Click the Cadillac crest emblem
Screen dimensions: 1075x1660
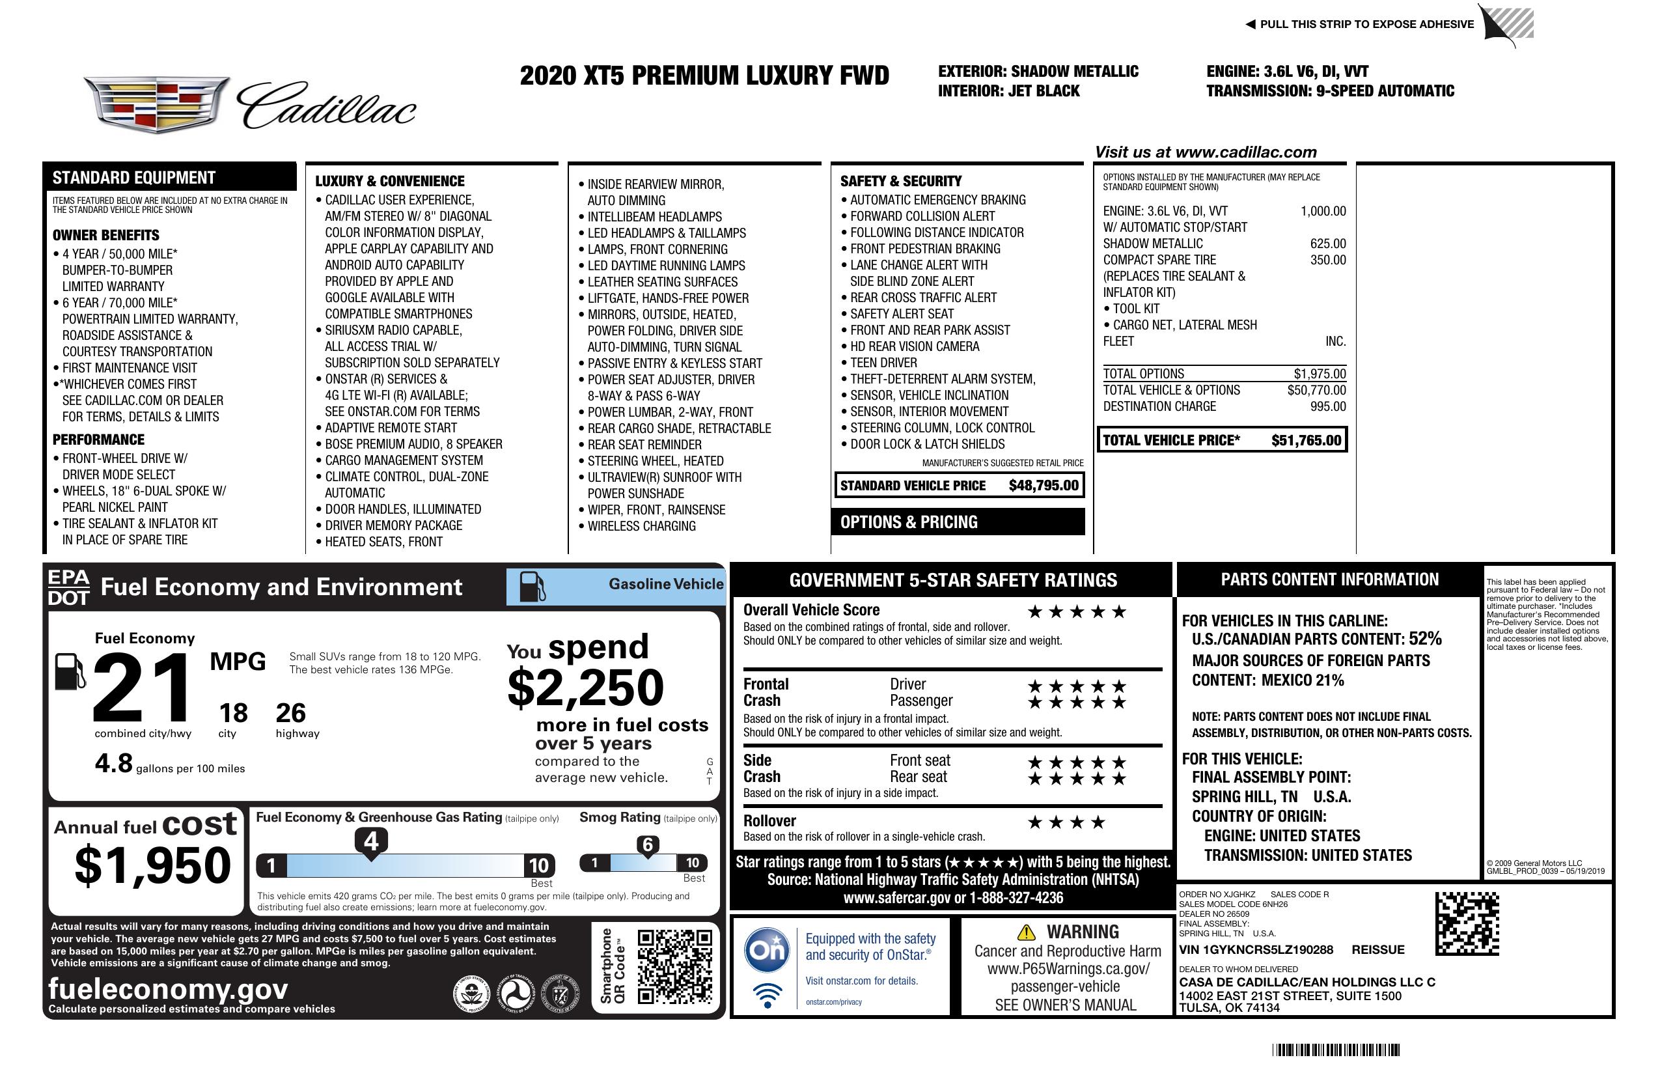point(156,105)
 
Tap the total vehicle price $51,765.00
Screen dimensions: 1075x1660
point(1306,440)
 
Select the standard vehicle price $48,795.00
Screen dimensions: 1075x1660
point(1044,486)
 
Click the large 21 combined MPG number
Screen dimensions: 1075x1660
point(142,688)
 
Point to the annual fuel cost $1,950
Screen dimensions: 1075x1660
point(152,865)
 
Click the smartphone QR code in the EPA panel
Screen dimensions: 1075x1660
point(675,966)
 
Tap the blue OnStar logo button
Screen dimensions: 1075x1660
point(768,950)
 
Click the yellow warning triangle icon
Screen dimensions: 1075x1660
point(1026,932)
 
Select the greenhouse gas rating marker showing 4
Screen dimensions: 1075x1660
point(371,842)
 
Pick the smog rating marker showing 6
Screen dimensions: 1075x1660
point(647,845)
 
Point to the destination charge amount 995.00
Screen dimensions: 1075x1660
point(1327,407)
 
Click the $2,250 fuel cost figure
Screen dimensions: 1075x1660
point(586,688)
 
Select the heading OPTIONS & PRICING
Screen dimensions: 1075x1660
point(909,522)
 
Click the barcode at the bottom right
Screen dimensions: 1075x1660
point(1336,1050)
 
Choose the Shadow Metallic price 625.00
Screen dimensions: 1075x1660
point(1327,244)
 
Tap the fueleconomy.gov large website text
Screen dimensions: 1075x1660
point(168,989)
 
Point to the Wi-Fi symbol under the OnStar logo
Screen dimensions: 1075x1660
point(768,996)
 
